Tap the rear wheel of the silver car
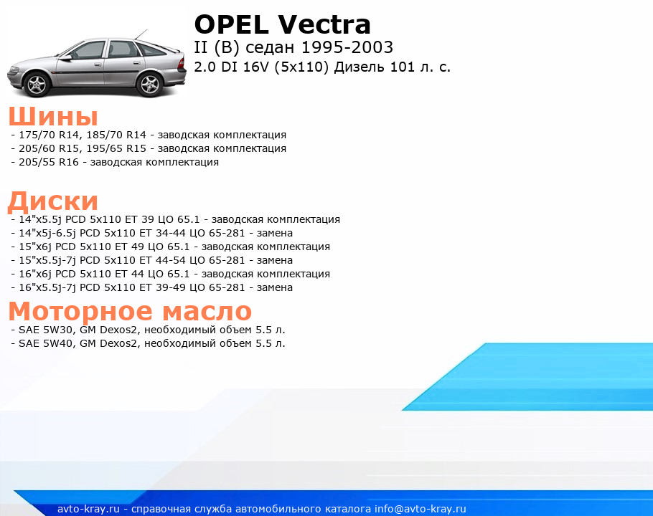tap(149, 85)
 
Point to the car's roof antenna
tap(141, 35)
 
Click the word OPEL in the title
tap(232, 24)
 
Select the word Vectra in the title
tap(324, 24)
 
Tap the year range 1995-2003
tap(347, 47)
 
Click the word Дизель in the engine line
tap(360, 67)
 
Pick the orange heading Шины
tap(53, 116)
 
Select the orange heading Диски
tap(53, 201)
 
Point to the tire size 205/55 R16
tap(49, 162)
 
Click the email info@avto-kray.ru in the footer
tap(421, 509)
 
